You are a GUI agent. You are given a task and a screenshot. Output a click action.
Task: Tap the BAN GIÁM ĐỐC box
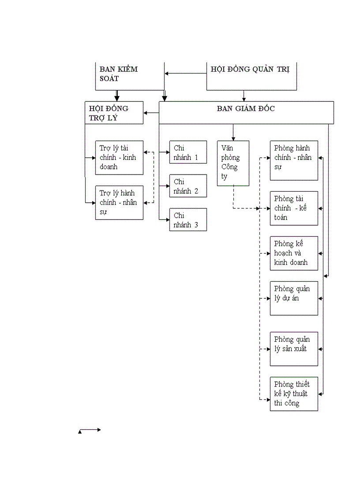click(x=246, y=112)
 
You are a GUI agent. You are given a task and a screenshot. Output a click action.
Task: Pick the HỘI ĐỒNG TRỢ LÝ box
click(x=114, y=112)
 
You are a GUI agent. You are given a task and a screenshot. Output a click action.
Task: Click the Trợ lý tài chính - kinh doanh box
click(x=119, y=157)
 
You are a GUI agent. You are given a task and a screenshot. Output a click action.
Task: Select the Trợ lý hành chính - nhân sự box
click(x=119, y=202)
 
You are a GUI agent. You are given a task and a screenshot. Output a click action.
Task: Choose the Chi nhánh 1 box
click(x=188, y=152)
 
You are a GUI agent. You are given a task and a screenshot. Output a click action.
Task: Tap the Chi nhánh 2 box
click(x=188, y=186)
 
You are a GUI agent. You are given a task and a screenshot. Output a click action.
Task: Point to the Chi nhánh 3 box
click(x=188, y=220)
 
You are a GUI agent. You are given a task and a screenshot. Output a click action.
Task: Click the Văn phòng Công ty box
click(x=233, y=163)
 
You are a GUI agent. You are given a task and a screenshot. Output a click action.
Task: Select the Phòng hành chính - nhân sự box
click(x=294, y=160)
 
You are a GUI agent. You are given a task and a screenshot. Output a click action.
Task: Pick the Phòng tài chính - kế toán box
click(x=294, y=208)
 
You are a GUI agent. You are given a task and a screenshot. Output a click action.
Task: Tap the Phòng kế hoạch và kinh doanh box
click(x=294, y=253)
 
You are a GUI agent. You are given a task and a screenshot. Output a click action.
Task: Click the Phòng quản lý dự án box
click(x=294, y=298)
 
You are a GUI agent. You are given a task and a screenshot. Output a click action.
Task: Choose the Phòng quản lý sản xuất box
click(x=294, y=349)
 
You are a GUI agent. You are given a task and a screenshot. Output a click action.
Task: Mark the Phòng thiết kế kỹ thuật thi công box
click(x=294, y=394)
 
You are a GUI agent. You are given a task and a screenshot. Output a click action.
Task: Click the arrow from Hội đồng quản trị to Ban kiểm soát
click(x=185, y=73)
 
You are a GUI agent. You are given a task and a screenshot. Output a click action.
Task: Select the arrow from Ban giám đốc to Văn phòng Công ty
click(x=233, y=132)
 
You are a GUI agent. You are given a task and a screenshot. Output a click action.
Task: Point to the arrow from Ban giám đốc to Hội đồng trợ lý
click(x=151, y=113)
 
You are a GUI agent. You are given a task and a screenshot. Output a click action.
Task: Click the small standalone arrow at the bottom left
click(x=90, y=429)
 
